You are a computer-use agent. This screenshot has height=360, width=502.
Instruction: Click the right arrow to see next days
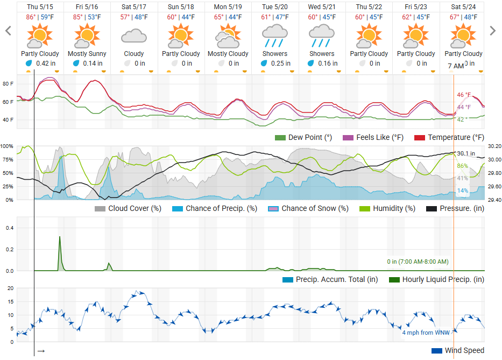(x=492, y=31)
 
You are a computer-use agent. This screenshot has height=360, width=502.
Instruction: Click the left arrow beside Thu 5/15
(x=8, y=31)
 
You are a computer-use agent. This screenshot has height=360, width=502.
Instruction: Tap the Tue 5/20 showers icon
(x=275, y=37)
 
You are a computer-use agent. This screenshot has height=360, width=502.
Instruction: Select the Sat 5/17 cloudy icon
(x=134, y=37)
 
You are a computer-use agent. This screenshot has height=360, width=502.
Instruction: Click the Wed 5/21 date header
(x=322, y=7)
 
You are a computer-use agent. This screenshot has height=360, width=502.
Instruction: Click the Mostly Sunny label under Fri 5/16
(x=87, y=54)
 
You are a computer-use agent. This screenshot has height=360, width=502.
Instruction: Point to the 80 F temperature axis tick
(x=8, y=84)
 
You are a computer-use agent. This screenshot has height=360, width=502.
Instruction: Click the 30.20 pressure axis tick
(x=494, y=146)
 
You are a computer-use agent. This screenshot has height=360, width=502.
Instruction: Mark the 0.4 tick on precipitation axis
(x=9, y=228)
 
